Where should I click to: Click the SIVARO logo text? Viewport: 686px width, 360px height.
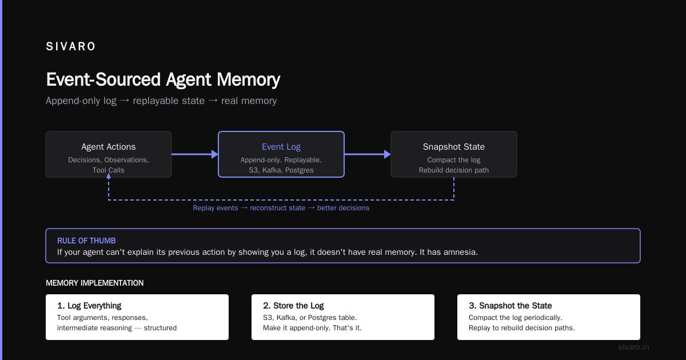70,46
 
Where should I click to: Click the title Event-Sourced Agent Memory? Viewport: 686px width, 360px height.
163,79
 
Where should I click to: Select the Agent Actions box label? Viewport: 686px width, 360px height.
109,147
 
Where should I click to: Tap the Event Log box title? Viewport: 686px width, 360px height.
281,147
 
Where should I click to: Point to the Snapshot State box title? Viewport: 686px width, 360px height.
453,147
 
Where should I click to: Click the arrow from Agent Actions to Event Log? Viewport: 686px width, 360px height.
195,154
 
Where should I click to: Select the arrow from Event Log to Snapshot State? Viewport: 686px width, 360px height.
368,154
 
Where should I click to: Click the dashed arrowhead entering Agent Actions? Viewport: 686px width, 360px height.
109,176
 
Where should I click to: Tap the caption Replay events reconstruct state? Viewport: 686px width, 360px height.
249,208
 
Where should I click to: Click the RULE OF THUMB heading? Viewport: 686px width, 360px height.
86,241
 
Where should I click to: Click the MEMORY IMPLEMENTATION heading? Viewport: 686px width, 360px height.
95,283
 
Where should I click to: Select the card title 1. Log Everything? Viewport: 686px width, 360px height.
89,306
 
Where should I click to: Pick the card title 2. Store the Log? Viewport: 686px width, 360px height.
293,306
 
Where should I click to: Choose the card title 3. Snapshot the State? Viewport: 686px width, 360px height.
510,306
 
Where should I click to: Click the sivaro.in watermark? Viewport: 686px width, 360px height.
633,347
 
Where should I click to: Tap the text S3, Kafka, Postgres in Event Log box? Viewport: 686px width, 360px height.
281,170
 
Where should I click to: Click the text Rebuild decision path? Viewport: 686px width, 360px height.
453,170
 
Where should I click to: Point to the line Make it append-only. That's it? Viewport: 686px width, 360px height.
312,328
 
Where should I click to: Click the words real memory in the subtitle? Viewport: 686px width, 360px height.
249,101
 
